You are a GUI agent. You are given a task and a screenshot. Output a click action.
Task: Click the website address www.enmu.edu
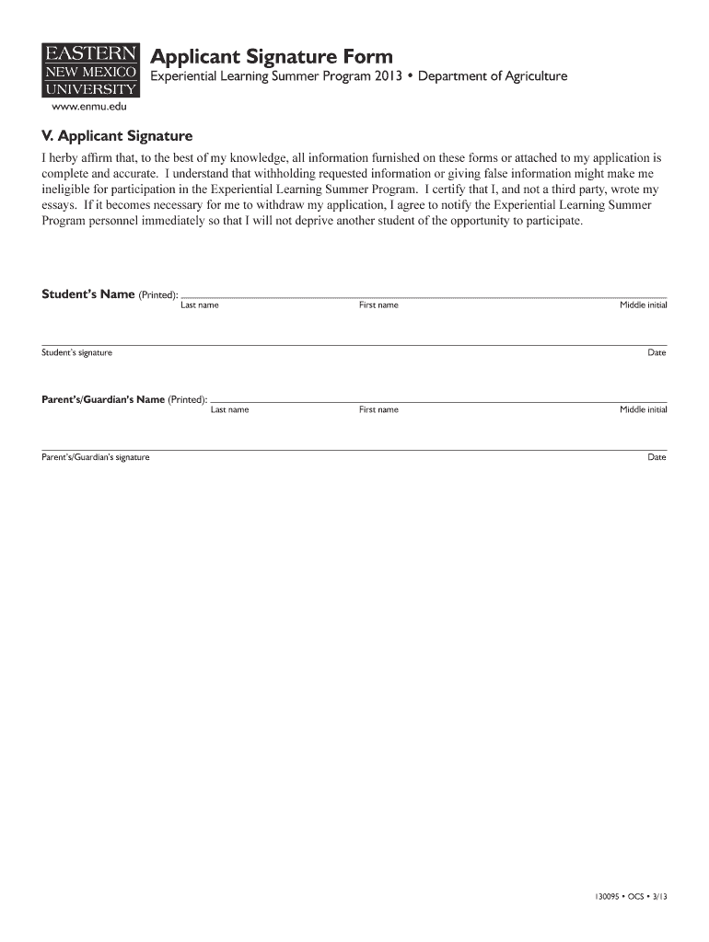(x=89, y=107)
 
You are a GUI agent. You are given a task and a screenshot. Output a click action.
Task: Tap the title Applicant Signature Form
(x=272, y=57)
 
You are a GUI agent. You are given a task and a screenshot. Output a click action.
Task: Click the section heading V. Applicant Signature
(x=117, y=136)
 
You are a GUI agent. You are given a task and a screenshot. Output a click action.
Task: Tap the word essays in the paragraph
(x=58, y=205)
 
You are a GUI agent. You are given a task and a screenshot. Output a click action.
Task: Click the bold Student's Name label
(x=88, y=294)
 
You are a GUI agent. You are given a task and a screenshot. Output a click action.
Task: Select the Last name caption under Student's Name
(x=199, y=305)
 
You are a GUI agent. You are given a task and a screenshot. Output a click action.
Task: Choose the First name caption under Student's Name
(x=378, y=305)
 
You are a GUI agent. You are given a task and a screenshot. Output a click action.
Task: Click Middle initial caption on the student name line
(x=643, y=305)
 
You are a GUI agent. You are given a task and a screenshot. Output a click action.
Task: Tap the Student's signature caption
(x=76, y=353)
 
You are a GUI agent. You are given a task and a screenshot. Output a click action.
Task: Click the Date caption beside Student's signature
(x=657, y=353)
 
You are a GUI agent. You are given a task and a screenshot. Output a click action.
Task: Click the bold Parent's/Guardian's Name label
(x=103, y=399)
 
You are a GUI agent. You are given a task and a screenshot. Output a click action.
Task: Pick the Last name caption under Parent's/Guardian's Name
(x=229, y=410)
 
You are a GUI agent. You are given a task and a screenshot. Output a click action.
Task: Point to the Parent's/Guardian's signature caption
(x=96, y=457)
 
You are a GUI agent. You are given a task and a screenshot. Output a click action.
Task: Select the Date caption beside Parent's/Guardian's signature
(x=657, y=457)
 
